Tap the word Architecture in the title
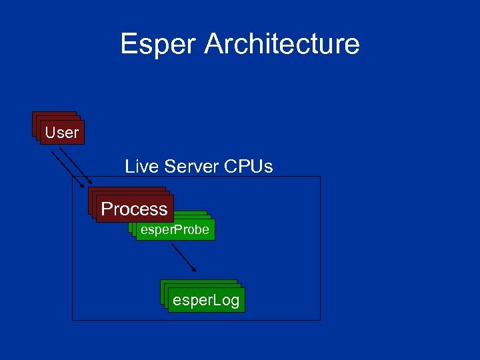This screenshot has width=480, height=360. tap(282, 45)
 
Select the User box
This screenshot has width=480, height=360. tap(62, 133)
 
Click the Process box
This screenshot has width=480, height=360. tap(134, 209)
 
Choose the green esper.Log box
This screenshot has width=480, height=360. tap(205, 301)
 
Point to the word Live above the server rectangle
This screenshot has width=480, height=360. tap(139, 166)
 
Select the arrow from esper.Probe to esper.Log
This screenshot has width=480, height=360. tap(183, 257)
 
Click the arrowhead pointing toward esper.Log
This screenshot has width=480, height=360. tap(194, 270)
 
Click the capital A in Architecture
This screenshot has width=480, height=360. tap(214, 45)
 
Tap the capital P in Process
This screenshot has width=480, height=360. tap(107, 209)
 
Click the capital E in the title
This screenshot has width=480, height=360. tap(129, 45)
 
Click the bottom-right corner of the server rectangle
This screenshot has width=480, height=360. tap(320, 320)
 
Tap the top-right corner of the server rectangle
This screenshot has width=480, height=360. tap(320, 177)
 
